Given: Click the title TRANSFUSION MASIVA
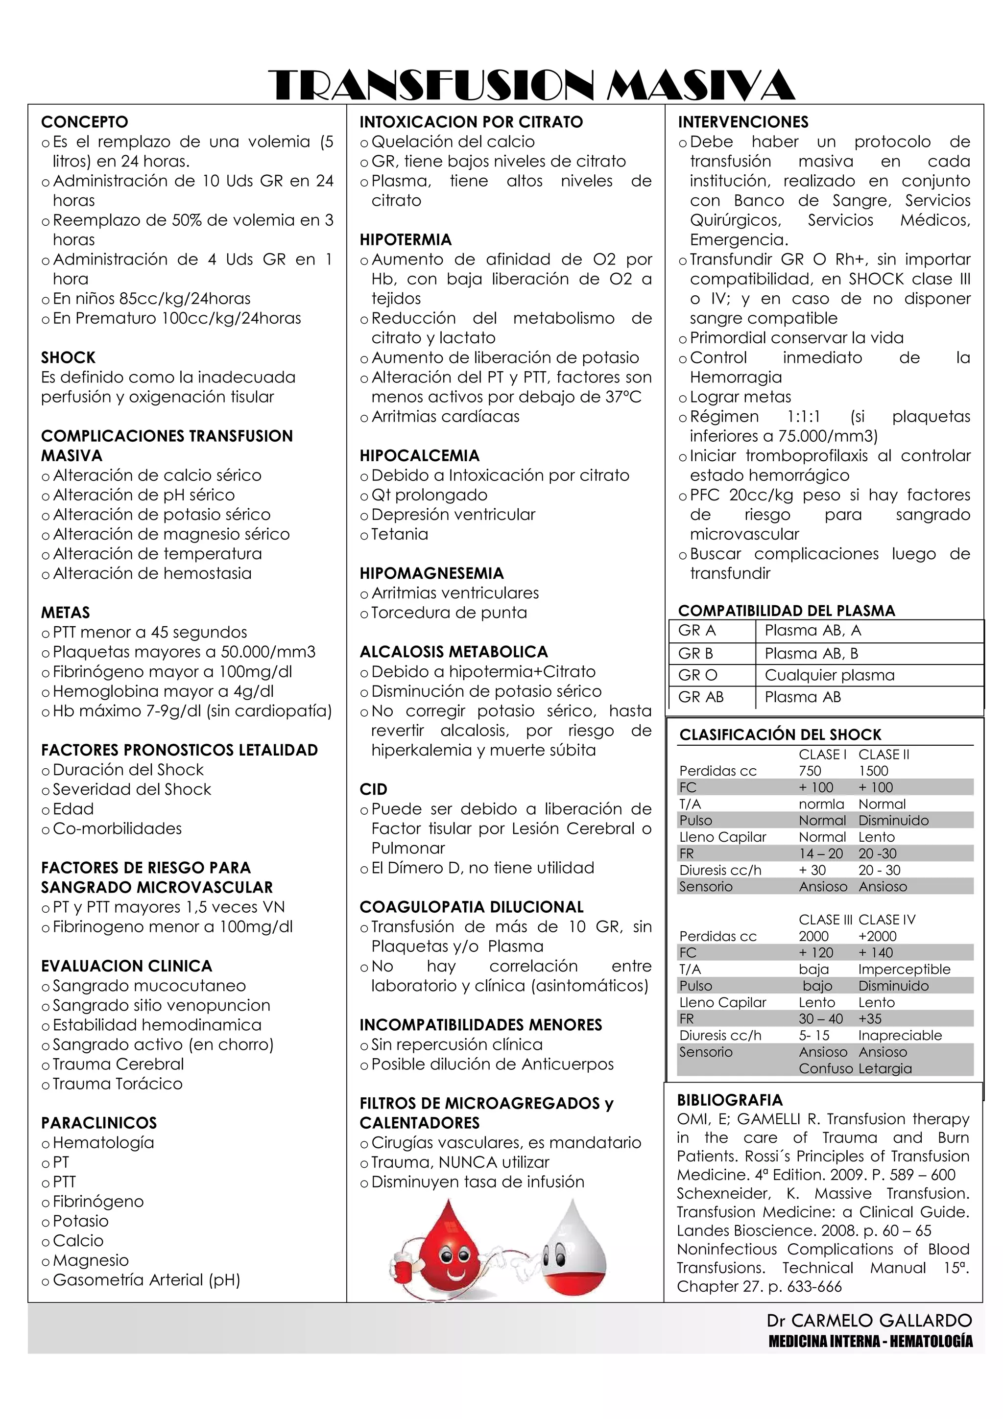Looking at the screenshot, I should (531, 85).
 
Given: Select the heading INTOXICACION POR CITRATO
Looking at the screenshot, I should (471, 122).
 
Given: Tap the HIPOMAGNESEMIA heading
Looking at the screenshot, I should (431, 573).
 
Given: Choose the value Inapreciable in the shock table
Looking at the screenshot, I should (900, 1035).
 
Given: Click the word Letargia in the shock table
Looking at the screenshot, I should (885, 1068).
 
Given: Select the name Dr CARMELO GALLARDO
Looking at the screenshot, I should (869, 1321).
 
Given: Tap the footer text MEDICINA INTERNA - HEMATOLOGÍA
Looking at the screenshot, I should (870, 1341).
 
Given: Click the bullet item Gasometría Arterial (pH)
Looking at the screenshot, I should (146, 1280).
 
